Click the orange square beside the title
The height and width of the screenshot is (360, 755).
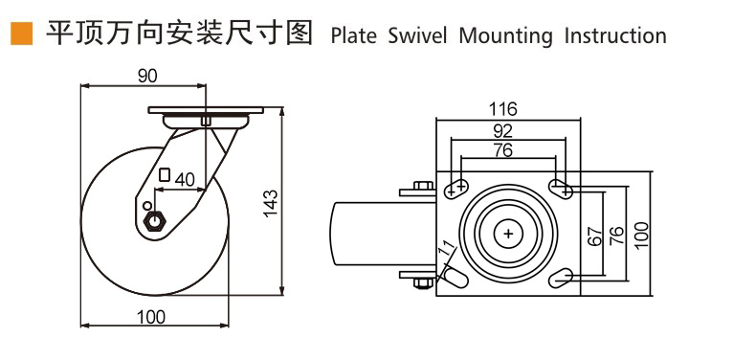coord(22,34)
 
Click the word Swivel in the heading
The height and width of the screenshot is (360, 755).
coord(417,36)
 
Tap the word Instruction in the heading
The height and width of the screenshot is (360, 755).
coord(615,36)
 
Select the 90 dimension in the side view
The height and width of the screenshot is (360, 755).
coord(147,77)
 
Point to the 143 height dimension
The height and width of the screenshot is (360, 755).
coord(272,203)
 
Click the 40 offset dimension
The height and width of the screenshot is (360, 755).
coord(185,180)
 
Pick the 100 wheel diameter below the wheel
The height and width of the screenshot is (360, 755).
coord(151,317)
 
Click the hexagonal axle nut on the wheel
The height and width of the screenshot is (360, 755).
coord(155,221)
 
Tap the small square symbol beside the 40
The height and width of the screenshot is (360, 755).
coord(166,174)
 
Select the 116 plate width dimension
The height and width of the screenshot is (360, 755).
coord(502,109)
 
